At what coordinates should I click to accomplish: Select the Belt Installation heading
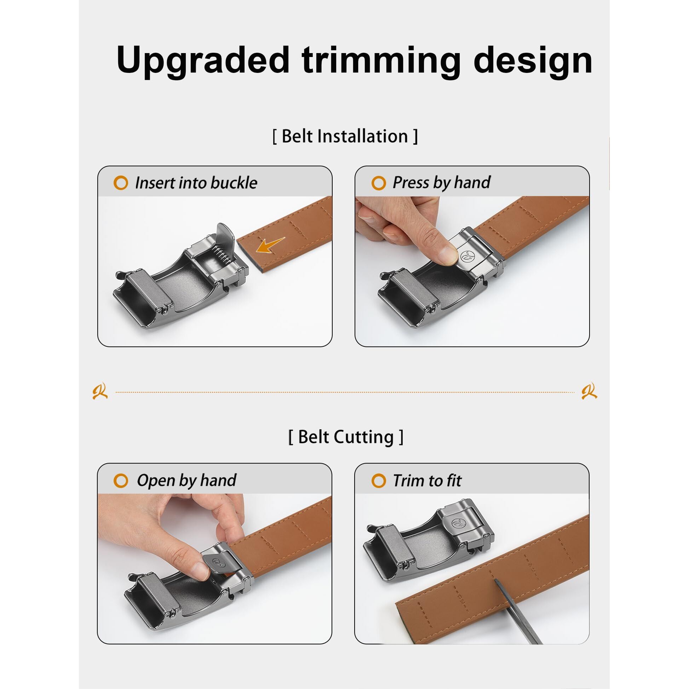345,136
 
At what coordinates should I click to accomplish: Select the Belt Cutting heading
345,437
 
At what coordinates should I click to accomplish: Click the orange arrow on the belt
270,245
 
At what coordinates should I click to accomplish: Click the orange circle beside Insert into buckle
121,183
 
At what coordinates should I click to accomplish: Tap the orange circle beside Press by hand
378,183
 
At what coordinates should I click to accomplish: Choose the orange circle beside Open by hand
121,481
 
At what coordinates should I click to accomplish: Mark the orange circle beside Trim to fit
378,481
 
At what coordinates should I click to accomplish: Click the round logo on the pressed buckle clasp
466,256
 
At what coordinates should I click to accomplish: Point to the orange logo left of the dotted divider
100,391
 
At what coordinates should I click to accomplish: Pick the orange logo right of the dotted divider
589,391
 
